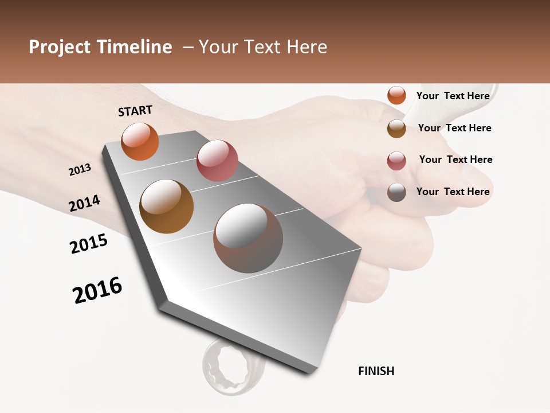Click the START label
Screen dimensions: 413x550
pos(135,111)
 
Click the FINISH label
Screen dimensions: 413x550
pos(376,371)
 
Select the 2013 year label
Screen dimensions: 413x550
pos(80,170)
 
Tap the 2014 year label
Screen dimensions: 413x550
pos(84,204)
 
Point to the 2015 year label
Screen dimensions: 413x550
pos(89,244)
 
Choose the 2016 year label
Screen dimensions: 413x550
pos(97,290)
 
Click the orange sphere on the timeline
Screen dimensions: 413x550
pos(140,141)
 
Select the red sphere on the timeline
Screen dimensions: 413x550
pos(217,161)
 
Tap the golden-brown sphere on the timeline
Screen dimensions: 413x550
pos(166,206)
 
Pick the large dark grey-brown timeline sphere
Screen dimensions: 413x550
pos(248,238)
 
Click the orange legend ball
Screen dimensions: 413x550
pos(396,96)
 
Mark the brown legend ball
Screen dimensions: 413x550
pos(396,128)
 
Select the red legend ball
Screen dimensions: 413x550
pos(396,160)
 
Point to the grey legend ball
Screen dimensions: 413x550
pos(396,192)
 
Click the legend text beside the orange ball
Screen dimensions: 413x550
pos(453,96)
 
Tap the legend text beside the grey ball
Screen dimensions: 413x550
pos(453,192)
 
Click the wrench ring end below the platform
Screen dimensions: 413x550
pos(226,367)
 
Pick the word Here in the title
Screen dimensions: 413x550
pos(307,47)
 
